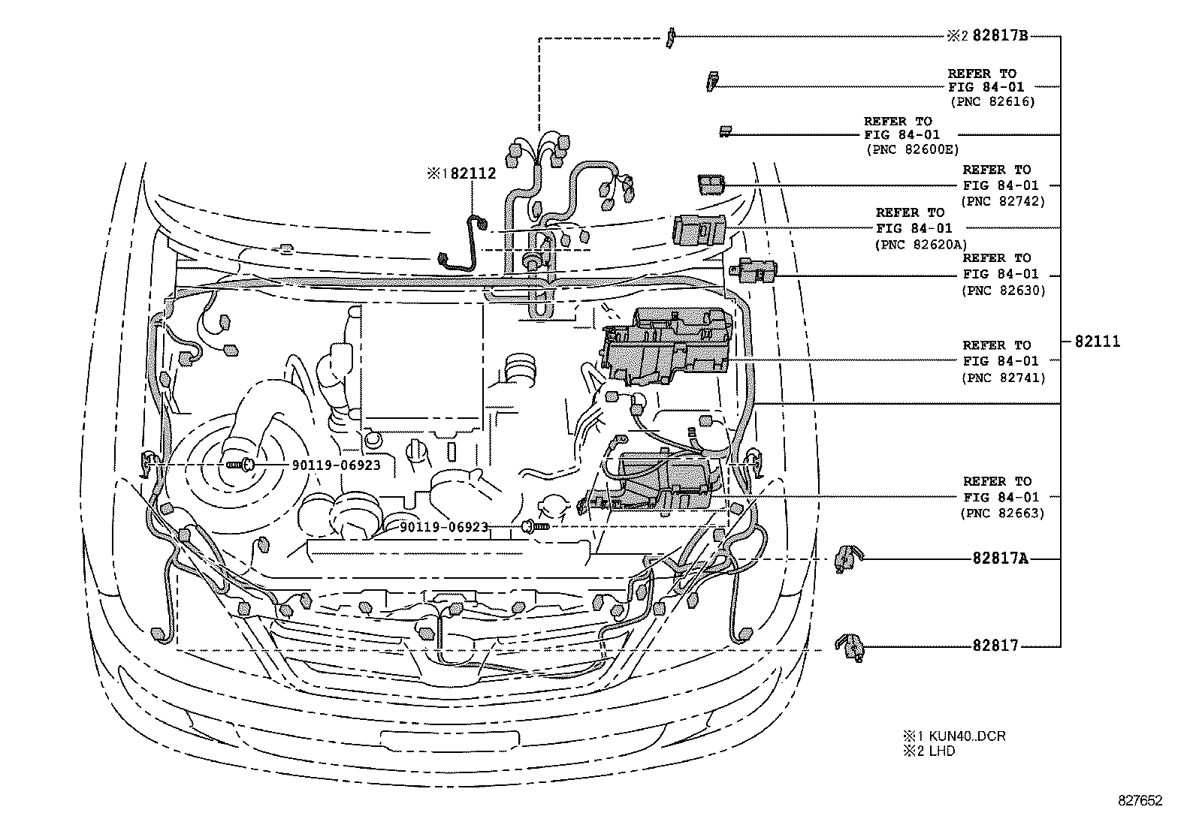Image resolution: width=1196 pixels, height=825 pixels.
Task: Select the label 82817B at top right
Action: point(1000,36)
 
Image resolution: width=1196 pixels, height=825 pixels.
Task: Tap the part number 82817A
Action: point(1000,559)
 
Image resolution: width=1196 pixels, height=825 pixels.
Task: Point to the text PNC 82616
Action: point(992,101)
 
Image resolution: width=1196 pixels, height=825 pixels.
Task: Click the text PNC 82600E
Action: point(912,149)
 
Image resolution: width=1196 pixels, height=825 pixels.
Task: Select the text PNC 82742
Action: point(1002,201)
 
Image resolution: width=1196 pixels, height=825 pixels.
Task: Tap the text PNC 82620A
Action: point(922,244)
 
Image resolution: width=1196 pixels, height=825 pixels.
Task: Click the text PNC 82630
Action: point(1002,291)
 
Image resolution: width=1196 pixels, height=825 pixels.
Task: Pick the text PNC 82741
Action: point(1002,378)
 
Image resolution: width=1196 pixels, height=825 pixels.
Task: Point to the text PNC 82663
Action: point(1002,513)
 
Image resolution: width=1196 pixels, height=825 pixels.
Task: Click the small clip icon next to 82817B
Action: point(670,38)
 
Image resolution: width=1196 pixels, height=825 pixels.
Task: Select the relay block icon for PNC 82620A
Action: point(700,228)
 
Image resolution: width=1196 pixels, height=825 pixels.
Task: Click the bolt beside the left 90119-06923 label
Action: point(242,465)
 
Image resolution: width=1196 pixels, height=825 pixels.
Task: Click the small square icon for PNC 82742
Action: point(711,184)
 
